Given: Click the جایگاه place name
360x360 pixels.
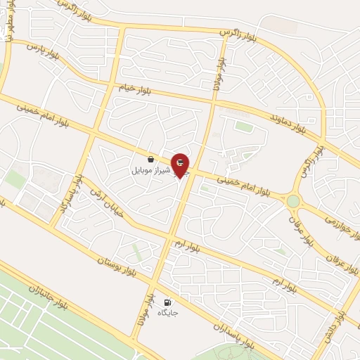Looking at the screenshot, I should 168,312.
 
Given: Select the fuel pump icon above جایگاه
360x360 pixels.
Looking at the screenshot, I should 167,302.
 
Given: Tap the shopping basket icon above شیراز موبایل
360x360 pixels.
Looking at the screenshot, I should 150,160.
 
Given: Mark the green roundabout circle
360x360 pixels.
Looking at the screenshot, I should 293,202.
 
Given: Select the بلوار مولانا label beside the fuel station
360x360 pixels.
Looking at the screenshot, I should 143,309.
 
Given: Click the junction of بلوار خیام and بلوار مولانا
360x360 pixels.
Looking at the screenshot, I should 214,101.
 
